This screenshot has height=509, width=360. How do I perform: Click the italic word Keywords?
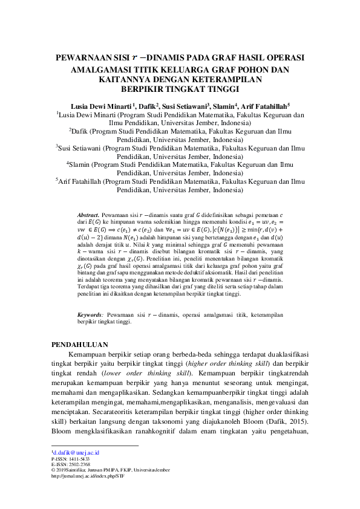tap(90, 315)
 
